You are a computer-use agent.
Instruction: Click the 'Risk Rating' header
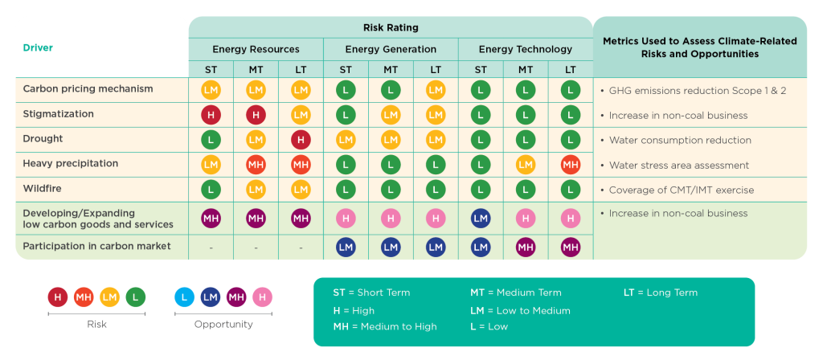[390, 27]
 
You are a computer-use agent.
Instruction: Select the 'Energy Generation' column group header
[391, 49]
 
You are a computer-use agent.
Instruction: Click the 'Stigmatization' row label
[59, 114]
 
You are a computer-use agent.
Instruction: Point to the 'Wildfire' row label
[43, 189]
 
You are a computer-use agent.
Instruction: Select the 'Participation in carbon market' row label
[96, 246]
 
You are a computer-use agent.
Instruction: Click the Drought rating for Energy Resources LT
[301, 140]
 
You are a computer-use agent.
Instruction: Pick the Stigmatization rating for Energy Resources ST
[211, 115]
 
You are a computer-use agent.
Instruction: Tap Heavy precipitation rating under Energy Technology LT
[571, 165]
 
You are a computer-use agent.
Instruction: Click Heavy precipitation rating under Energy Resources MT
[256, 165]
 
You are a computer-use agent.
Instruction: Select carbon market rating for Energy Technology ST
[481, 247]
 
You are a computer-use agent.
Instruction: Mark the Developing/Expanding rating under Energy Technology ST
[481, 218]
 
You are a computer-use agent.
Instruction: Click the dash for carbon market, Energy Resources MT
[256, 247]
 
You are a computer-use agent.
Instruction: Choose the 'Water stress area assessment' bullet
[678, 166]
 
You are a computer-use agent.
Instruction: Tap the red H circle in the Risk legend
[58, 297]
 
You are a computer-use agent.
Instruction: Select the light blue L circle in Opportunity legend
[185, 297]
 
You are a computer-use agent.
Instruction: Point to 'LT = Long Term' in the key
[661, 292]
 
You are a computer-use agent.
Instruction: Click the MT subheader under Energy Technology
[526, 70]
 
